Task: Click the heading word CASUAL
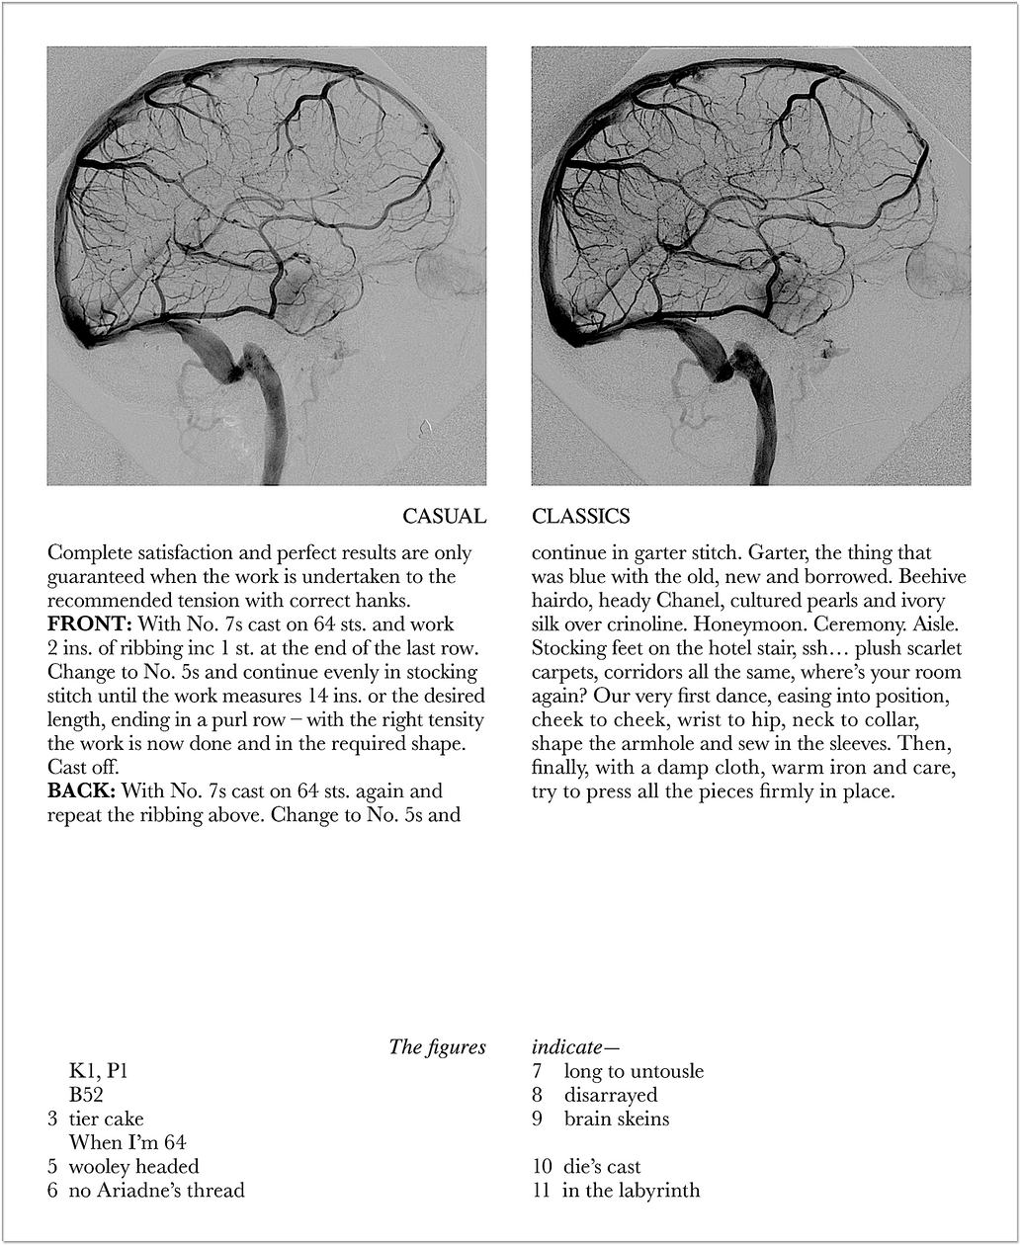click(x=444, y=517)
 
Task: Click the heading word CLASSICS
click(x=580, y=517)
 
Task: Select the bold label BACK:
click(x=82, y=791)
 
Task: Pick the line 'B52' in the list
click(x=86, y=1095)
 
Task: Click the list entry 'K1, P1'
click(x=98, y=1071)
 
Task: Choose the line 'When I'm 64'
click(x=127, y=1142)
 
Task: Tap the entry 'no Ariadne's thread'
click(x=156, y=1191)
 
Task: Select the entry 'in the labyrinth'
click(x=631, y=1191)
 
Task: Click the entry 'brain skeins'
click(x=617, y=1120)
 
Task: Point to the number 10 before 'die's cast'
click(x=542, y=1167)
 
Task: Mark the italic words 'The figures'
click(x=437, y=1047)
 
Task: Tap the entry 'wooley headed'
click(x=133, y=1167)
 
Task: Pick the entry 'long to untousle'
click(x=634, y=1071)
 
